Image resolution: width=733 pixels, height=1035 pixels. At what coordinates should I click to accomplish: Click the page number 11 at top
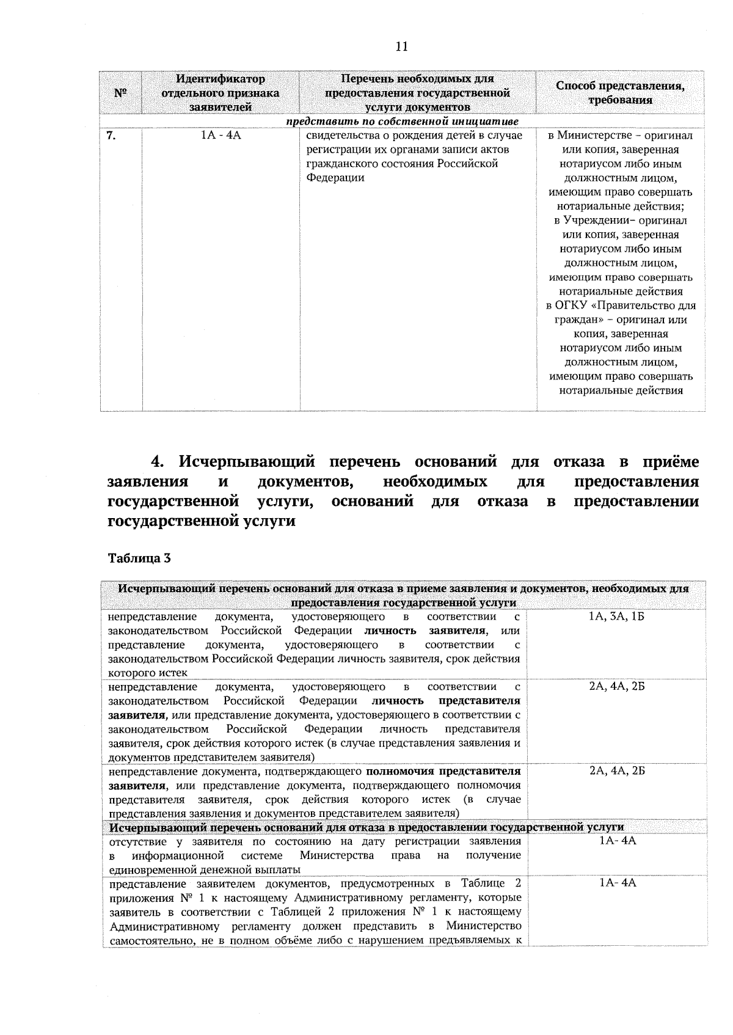[401, 46]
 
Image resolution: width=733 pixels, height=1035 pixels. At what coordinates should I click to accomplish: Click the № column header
[120, 93]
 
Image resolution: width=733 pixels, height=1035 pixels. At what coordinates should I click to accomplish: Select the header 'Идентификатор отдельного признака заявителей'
[221, 93]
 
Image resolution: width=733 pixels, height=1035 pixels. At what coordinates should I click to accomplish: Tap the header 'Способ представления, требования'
[620, 93]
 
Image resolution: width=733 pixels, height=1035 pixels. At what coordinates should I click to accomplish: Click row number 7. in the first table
[112, 136]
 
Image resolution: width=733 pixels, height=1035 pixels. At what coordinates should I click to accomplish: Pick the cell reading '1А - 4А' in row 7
[221, 136]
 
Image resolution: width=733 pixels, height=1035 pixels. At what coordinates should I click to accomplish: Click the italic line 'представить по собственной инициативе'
[403, 121]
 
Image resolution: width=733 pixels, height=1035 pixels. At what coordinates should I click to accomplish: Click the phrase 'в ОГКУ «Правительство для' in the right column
[620, 305]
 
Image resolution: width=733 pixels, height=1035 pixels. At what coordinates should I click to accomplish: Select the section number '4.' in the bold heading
[160, 461]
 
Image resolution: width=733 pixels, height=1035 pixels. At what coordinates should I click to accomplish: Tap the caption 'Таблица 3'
[139, 557]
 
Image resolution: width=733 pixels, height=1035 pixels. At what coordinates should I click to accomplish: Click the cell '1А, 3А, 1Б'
[617, 617]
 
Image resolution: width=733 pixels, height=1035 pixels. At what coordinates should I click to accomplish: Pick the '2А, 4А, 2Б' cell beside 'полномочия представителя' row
[617, 771]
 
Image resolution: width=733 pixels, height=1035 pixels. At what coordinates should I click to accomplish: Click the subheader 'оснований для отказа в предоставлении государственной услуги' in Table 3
[366, 827]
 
